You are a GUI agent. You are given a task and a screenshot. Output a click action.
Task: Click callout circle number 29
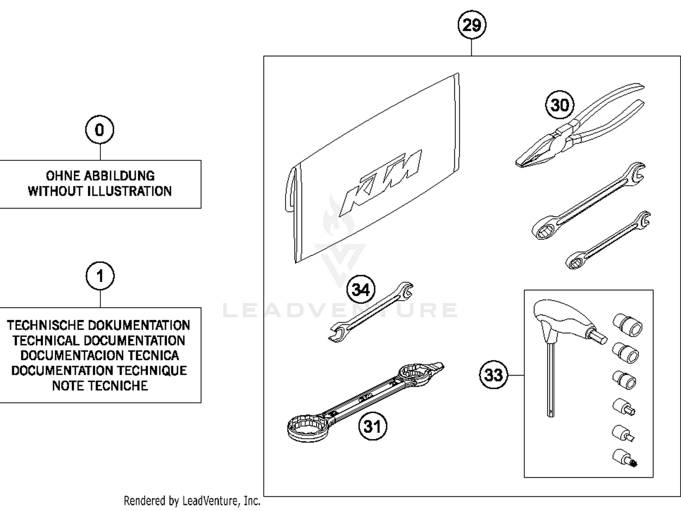coord(471,25)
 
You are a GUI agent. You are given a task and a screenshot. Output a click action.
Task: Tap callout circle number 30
coord(559,105)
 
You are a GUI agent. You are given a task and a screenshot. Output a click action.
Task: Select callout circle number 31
coord(372,426)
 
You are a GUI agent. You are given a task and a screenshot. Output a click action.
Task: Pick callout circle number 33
coord(493,375)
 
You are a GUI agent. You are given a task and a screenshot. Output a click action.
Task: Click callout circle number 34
coord(361,289)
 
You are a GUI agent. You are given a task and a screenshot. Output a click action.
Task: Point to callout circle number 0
coord(99,130)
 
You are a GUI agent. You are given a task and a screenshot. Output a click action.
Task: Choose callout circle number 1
coord(100,276)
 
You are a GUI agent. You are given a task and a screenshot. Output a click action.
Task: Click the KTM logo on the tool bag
coord(381,182)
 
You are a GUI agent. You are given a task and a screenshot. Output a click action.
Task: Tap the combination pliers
coord(577,132)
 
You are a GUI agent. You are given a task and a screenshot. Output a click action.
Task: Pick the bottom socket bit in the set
coord(625,458)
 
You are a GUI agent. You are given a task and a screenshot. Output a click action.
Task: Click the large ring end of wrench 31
coord(307,427)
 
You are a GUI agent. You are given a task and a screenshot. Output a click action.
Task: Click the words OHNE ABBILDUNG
coord(100,176)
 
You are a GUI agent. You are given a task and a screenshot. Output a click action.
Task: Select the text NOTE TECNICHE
coord(100,386)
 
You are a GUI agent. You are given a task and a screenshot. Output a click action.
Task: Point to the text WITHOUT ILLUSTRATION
coord(100,191)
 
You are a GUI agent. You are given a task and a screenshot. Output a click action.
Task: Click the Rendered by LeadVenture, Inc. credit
coord(192,501)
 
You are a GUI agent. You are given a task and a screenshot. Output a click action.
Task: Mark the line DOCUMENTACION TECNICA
coord(100,355)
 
